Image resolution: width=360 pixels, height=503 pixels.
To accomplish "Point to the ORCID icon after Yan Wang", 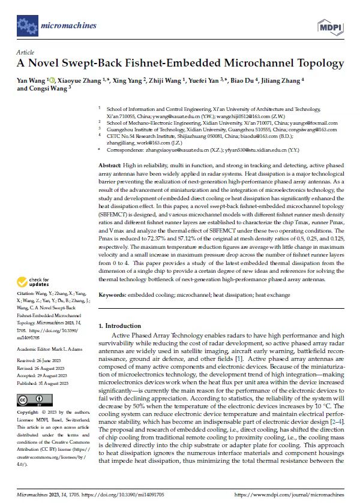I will pos(52,80).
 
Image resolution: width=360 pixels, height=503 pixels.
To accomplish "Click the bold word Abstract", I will pos(109,164).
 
